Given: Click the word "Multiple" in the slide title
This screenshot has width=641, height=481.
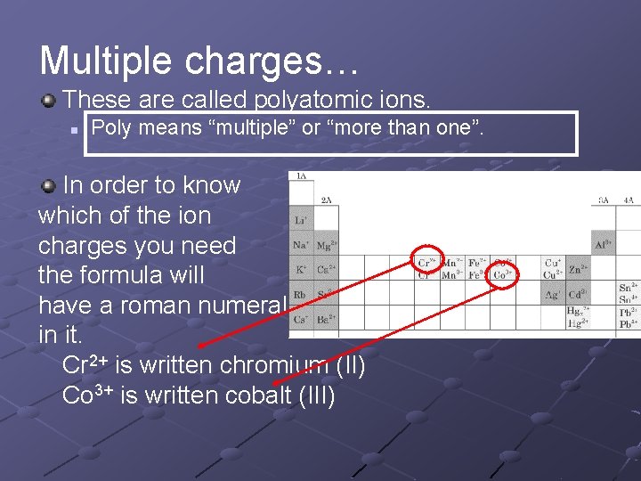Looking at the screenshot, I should [x=105, y=60].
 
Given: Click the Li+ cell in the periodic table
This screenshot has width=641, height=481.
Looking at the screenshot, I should [x=301, y=219].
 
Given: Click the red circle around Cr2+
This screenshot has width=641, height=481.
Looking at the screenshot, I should [x=428, y=261].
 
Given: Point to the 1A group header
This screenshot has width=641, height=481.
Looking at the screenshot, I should [x=301, y=176].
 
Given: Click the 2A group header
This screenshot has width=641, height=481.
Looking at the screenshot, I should [x=327, y=200].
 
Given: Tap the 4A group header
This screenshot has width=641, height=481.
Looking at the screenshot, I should [x=629, y=200].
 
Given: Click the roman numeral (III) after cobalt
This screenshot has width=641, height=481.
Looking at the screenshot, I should [x=318, y=395].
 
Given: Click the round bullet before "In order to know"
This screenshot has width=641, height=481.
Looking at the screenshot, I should [x=49, y=185].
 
